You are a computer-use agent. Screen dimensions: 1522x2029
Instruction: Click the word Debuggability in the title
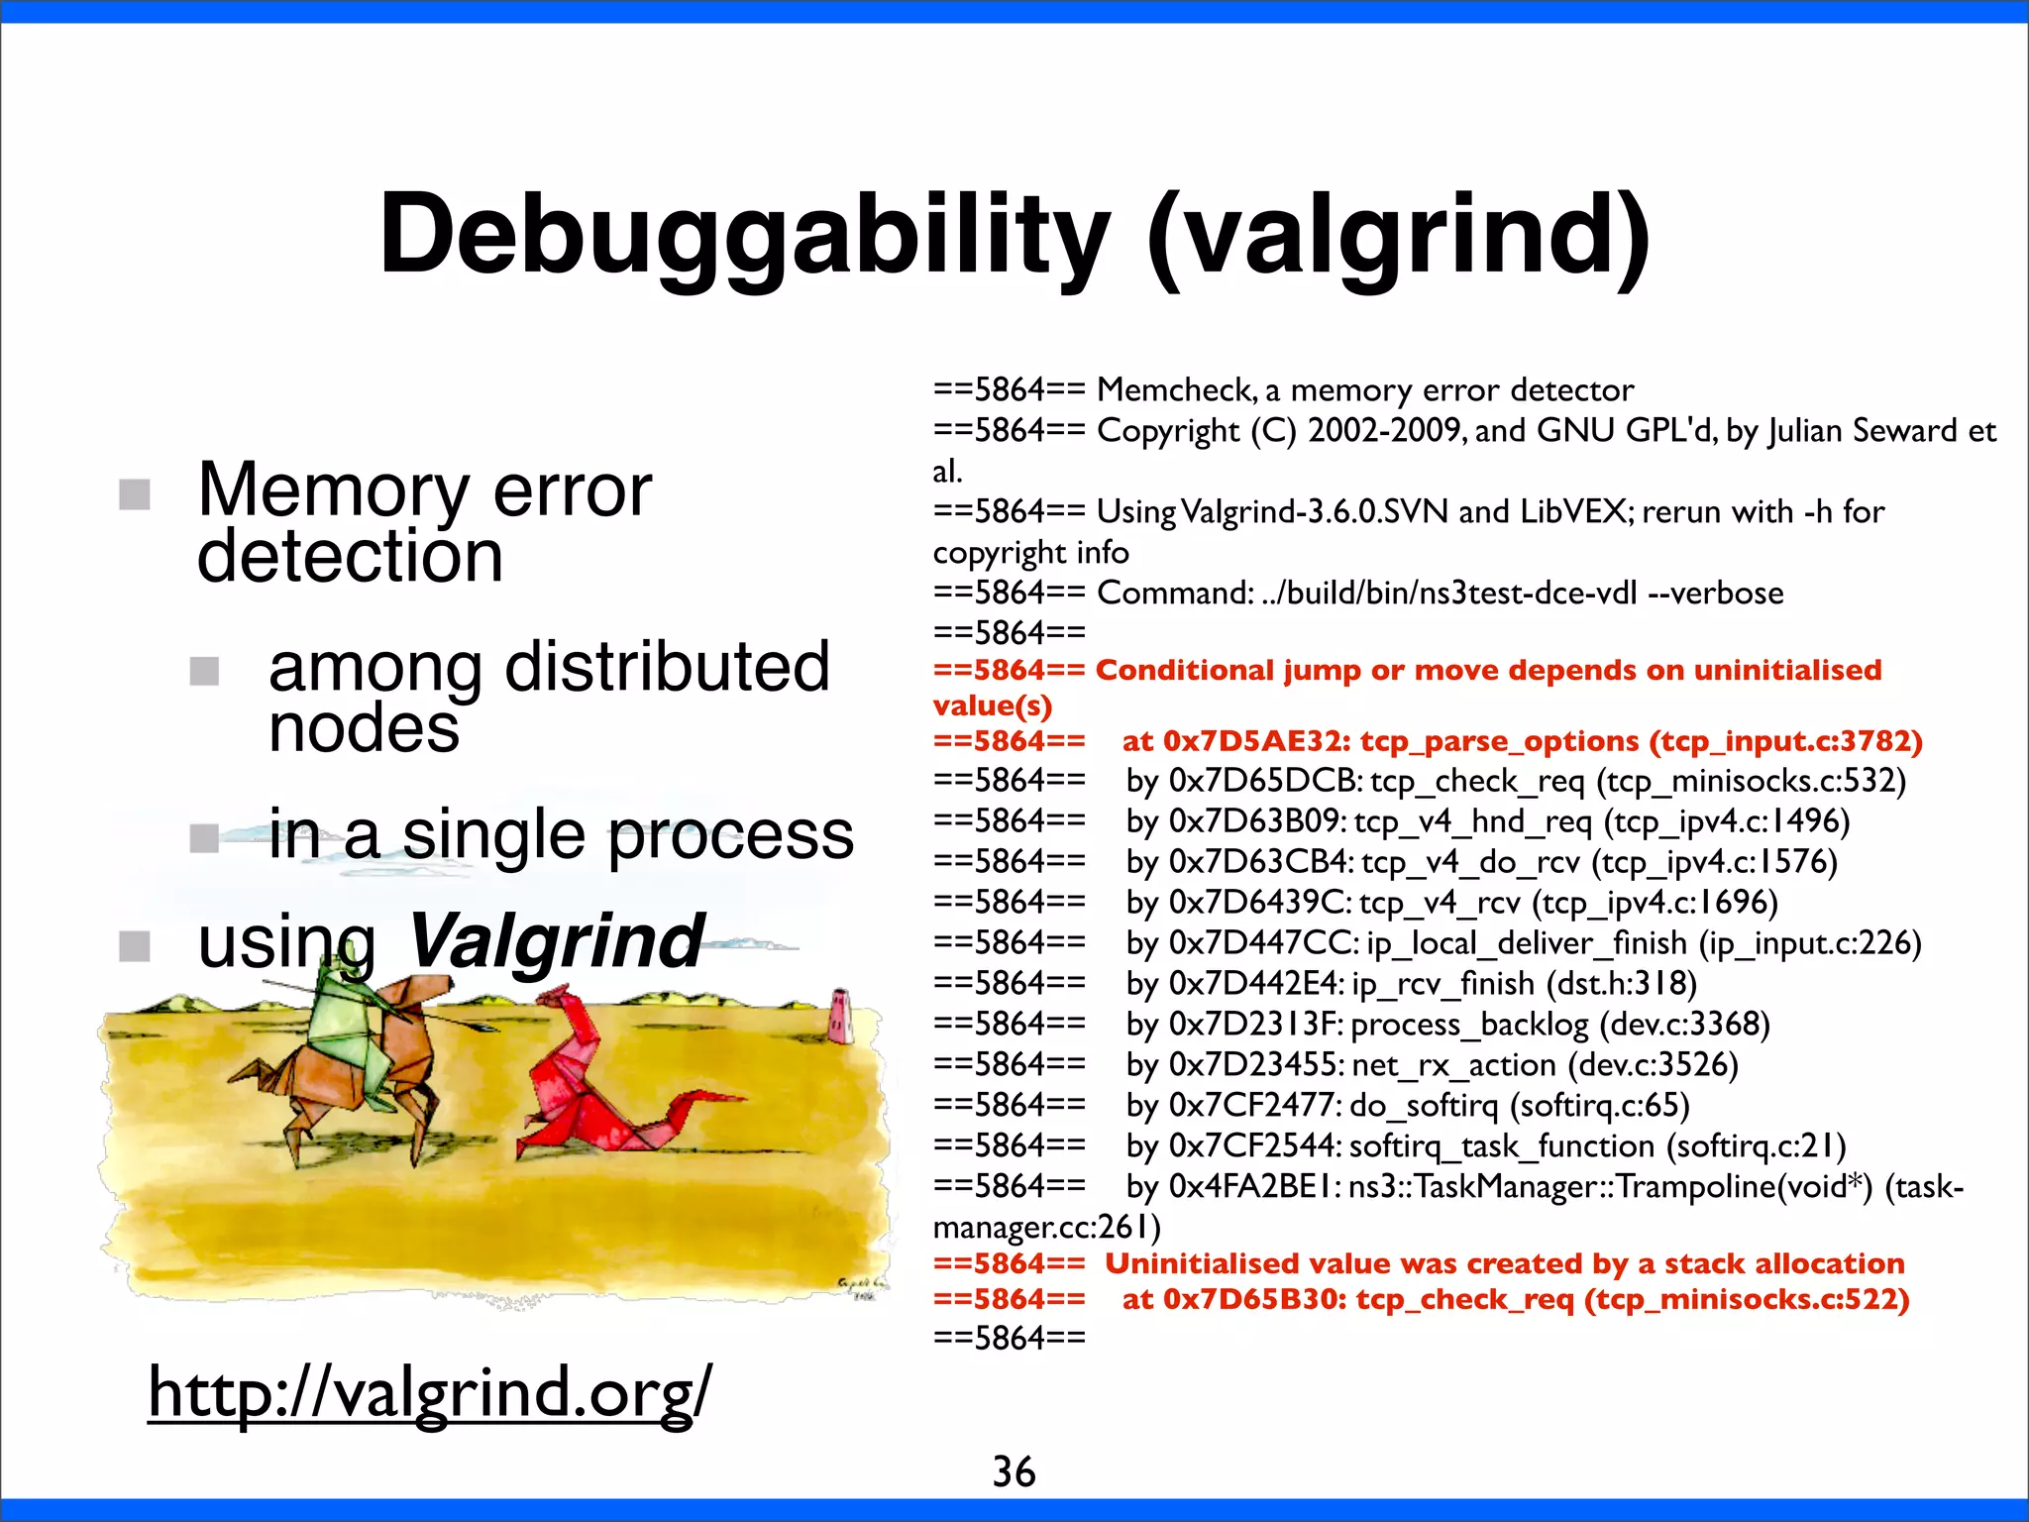(743, 236)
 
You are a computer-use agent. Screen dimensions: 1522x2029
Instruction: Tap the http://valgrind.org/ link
(429, 1391)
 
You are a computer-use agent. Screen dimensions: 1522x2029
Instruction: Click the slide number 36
(1014, 1471)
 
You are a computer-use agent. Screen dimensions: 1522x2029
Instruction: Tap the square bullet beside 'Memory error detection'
(135, 493)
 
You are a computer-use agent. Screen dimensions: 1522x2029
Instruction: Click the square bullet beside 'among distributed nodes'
(204, 671)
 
